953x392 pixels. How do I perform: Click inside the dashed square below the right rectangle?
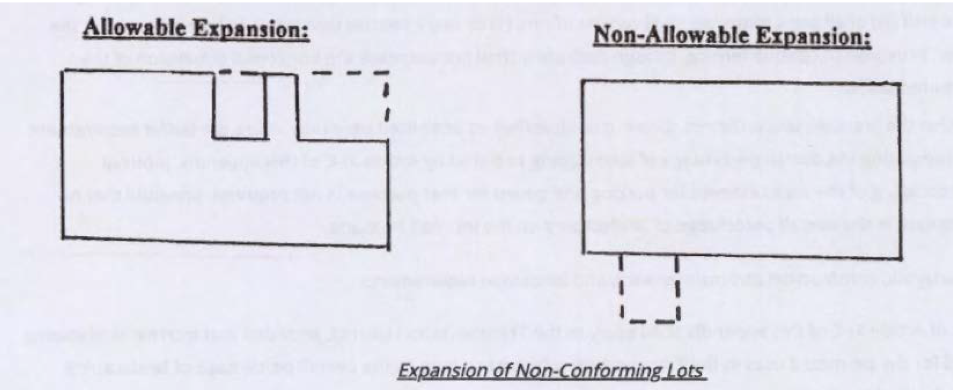pos(649,289)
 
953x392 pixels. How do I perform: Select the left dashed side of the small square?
pos(621,289)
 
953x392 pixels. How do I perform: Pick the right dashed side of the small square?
pos(677,289)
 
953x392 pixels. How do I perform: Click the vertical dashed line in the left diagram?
pos(387,103)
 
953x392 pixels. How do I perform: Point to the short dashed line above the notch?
pos(239,73)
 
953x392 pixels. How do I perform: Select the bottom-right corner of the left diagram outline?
pos(389,247)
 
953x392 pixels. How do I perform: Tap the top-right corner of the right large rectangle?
pos(900,85)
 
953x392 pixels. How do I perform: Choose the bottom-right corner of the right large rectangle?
pos(900,258)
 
